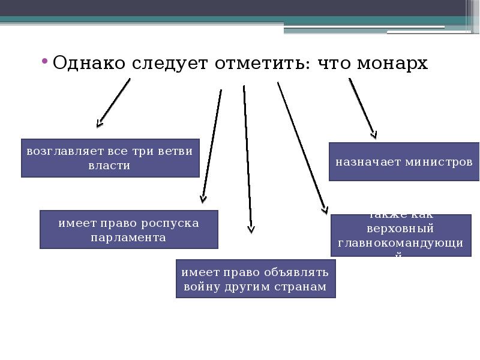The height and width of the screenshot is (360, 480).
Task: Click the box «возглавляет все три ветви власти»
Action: [x=110, y=158]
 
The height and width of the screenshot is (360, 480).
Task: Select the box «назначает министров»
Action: [x=404, y=162]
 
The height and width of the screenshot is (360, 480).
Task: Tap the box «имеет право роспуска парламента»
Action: [x=128, y=229]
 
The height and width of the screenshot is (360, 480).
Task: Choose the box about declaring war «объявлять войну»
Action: [x=255, y=279]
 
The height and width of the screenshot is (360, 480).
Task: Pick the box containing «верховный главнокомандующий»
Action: [x=400, y=235]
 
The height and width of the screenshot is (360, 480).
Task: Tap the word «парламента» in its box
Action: [x=128, y=237]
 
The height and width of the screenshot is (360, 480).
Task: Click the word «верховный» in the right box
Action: [x=400, y=229]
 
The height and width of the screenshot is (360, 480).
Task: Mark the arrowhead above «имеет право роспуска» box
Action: [x=203, y=199]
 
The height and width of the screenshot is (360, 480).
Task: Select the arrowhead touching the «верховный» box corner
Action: [x=325, y=209]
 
